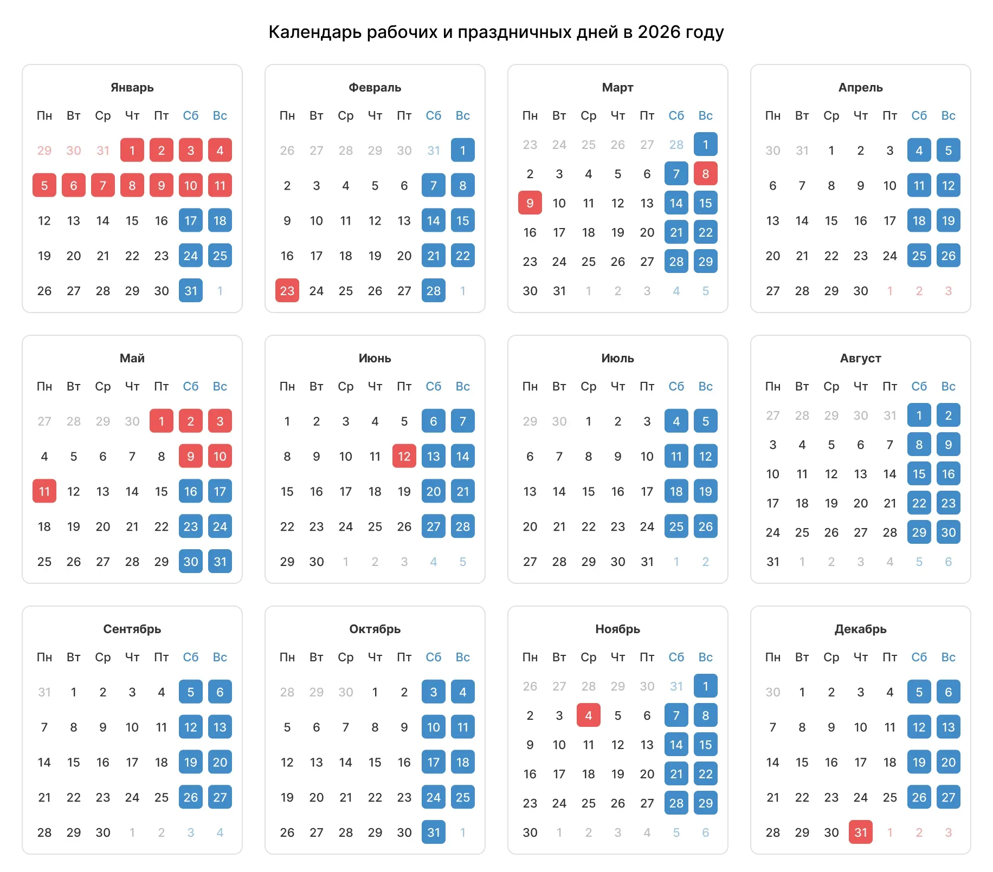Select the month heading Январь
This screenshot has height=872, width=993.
(x=132, y=88)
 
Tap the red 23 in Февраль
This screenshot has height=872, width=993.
(x=287, y=291)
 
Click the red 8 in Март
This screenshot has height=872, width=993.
(x=706, y=174)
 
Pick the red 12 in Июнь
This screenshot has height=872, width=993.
(x=404, y=457)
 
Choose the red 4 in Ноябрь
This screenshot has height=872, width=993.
(x=589, y=715)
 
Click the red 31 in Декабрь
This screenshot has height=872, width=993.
(x=861, y=832)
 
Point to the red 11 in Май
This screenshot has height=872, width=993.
(x=44, y=491)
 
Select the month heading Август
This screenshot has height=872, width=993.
(x=861, y=359)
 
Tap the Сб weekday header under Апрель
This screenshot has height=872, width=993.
(x=919, y=115)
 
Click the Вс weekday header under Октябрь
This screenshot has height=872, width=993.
(x=463, y=657)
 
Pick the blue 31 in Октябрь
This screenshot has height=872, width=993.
(x=434, y=832)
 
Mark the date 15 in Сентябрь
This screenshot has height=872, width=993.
(x=74, y=762)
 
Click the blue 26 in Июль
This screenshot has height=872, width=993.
(x=706, y=526)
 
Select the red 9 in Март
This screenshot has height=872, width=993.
(x=530, y=203)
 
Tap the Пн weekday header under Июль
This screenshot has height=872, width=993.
(x=530, y=386)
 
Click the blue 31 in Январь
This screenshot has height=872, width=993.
(x=191, y=291)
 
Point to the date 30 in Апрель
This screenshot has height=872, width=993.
(x=861, y=291)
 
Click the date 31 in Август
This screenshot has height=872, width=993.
(x=773, y=562)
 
